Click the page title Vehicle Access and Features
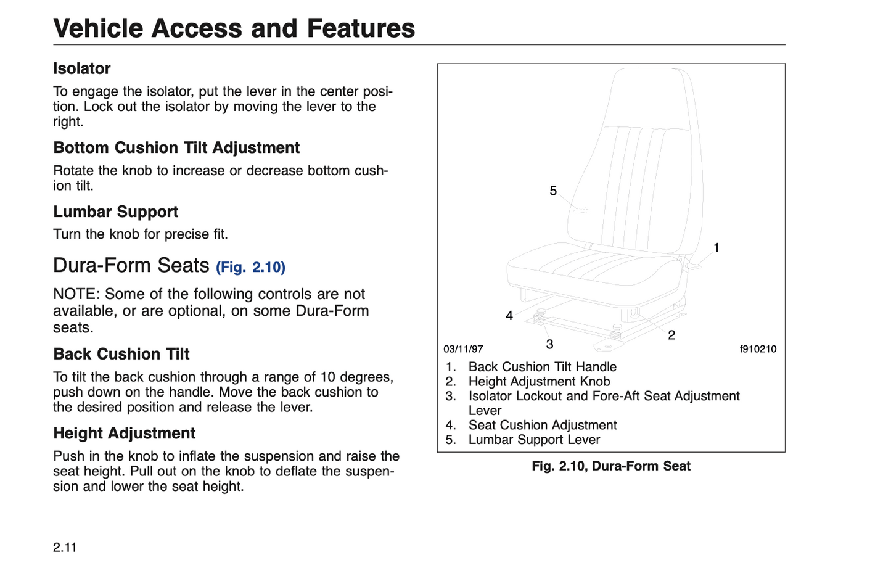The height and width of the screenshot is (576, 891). coord(234,28)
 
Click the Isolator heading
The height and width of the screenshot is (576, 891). coord(81,68)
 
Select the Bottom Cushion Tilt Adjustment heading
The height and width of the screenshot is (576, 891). coord(176,148)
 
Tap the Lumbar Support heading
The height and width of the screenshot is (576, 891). coord(115,212)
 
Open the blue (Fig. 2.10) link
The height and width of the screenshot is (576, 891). coord(250,267)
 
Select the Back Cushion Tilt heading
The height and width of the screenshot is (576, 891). coord(121,354)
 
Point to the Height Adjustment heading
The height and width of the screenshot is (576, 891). coord(124,434)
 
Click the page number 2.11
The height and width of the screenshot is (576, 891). coord(65,548)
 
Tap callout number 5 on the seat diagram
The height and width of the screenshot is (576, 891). coord(553,191)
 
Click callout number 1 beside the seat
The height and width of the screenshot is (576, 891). coord(716,248)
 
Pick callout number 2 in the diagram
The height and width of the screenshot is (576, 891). coord(671,335)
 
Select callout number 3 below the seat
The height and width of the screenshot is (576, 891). coord(549,344)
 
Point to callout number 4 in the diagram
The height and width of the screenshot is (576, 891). coord(509,316)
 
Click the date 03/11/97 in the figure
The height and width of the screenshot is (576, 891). coord(463,349)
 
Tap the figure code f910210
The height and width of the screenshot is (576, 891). coord(758,349)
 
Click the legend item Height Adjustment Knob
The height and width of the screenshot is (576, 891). coord(539,382)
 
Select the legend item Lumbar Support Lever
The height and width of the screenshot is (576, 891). coord(534,440)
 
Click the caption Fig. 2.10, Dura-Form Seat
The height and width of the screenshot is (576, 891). coord(611,466)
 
